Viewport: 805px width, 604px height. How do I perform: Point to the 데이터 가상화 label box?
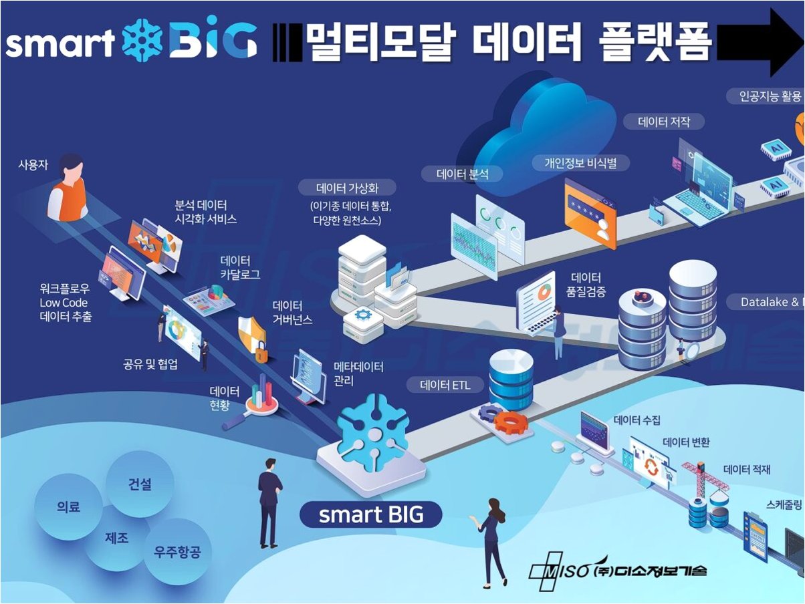point(347,187)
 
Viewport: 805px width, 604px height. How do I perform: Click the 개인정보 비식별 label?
point(580,162)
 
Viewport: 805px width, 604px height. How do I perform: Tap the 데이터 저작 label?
point(663,122)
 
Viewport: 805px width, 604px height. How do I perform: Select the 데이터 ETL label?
point(445,385)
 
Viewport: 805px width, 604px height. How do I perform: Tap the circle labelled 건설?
point(140,484)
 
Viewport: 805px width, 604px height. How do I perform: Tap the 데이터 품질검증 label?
point(586,284)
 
